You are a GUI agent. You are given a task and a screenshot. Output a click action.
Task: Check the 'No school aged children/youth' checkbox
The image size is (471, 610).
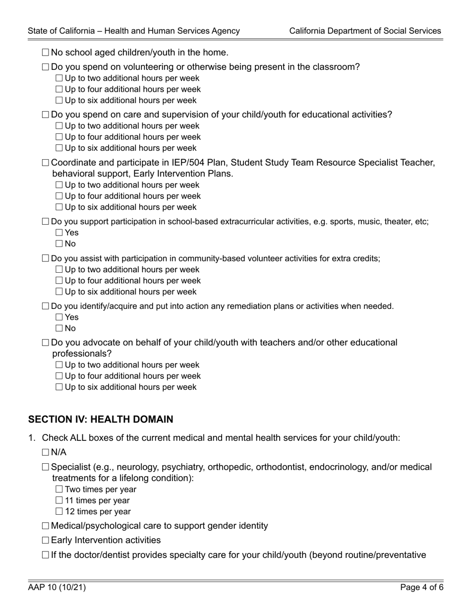pyautogui.click(x=46, y=53)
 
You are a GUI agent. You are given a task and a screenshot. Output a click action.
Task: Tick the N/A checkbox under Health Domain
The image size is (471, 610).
pyautogui.click(x=46, y=452)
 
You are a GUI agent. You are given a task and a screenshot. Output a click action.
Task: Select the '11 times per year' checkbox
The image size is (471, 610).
pyautogui.click(x=59, y=500)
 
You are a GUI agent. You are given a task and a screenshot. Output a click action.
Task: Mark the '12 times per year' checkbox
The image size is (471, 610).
pyautogui.click(x=59, y=511)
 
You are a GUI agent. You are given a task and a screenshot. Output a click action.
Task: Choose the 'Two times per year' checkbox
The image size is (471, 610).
pyautogui.click(x=59, y=489)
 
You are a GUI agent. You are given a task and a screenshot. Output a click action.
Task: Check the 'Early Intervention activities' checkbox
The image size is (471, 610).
pyautogui.click(x=46, y=540)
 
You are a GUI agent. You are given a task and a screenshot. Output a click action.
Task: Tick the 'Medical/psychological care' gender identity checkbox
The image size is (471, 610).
pyautogui.click(x=46, y=526)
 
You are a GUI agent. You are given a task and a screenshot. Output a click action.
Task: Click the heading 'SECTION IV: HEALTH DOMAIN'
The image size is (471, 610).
pyautogui.click(x=101, y=420)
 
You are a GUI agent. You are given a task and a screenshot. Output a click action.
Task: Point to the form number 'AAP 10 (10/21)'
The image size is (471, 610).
pyautogui.click(x=57, y=588)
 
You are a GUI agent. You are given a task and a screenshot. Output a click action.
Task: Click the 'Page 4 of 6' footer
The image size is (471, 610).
pyautogui.click(x=420, y=588)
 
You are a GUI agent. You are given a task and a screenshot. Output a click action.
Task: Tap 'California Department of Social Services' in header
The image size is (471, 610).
pyautogui.click(x=365, y=31)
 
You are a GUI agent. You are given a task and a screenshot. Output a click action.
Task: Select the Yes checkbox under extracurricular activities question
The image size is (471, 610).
pyautogui.click(x=59, y=233)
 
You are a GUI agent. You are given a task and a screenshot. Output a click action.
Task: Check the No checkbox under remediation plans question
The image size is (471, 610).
pyautogui.click(x=59, y=328)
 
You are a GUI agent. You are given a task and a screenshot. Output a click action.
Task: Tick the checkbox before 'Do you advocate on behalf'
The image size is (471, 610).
pyautogui.click(x=46, y=343)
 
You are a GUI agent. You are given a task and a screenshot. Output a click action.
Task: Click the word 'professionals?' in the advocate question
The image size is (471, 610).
pyautogui.click(x=82, y=354)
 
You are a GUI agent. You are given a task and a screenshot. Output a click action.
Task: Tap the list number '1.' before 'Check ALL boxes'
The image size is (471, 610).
pyautogui.click(x=32, y=438)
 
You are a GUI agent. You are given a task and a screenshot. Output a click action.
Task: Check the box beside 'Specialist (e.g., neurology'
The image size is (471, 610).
pyautogui.click(x=46, y=467)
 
